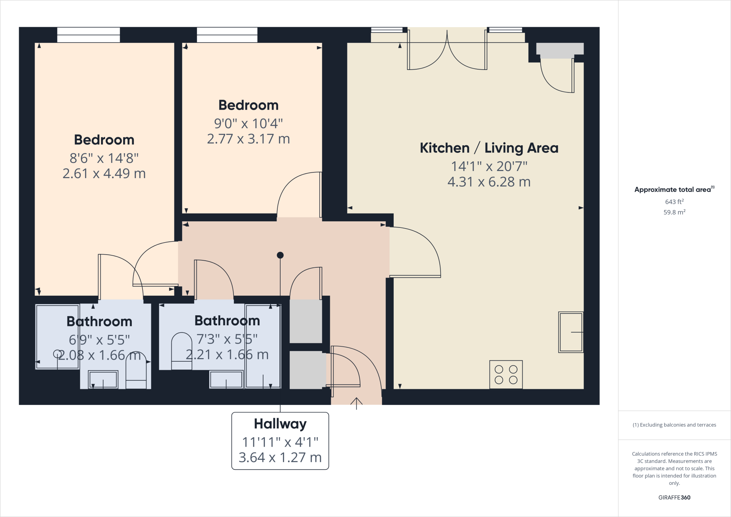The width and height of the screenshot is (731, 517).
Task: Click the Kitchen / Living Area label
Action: pos(489,148)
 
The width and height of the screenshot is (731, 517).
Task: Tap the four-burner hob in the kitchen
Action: pos(506,375)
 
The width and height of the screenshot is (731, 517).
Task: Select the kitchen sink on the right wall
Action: pos(571,332)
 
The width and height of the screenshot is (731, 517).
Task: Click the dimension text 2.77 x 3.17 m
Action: pos(248,139)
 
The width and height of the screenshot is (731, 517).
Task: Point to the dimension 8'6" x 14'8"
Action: pos(104,158)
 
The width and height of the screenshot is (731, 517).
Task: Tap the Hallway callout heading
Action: pos(280,424)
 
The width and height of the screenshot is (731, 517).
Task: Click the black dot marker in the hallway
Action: pos(280,255)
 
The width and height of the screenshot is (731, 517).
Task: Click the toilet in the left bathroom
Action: pos(136,371)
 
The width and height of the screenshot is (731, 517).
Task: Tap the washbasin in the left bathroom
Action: pos(103,380)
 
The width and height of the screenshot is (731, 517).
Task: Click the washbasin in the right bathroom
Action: pos(226,380)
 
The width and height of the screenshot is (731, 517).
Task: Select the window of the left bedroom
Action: pos(89,35)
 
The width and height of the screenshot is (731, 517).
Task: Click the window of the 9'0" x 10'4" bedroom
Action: pos(227,35)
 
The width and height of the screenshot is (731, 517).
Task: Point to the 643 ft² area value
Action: pos(674,202)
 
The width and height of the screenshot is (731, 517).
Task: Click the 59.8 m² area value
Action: pos(674,212)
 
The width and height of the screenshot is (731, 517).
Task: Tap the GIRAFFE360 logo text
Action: pos(674,497)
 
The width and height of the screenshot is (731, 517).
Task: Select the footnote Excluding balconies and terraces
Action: pos(674,425)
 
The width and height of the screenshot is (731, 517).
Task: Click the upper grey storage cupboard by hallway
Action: pos(306,321)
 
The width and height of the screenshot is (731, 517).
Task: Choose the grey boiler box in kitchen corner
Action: pos(560,50)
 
